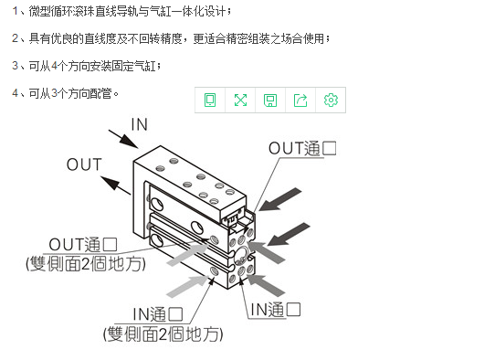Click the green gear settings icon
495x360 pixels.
[x=331, y=101]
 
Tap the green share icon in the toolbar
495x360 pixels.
[x=300, y=101]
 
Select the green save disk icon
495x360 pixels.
[x=270, y=101]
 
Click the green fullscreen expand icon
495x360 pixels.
[x=240, y=101]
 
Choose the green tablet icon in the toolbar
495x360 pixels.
[x=210, y=101]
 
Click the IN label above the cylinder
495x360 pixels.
[x=140, y=124]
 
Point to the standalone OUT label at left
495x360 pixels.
[x=84, y=164]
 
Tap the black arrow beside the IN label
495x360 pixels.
[x=123, y=139]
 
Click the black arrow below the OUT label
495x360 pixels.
[x=116, y=185]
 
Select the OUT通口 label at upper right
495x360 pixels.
[x=302, y=148]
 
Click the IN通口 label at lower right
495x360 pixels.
[x=275, y=310]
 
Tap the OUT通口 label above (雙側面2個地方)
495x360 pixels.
[x=83, y=245]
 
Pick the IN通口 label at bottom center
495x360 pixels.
[x=157, y=314]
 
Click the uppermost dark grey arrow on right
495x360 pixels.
[x=280, y=199]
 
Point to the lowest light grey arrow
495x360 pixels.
[x=187, y=287]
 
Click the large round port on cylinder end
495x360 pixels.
[x=242, y=255]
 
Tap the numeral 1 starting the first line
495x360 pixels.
[x=15, y=11]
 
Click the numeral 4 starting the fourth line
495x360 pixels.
[x=16, y=93]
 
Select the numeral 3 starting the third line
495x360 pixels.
[x=16, y=66]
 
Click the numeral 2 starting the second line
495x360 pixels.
[x=16, y=38]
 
